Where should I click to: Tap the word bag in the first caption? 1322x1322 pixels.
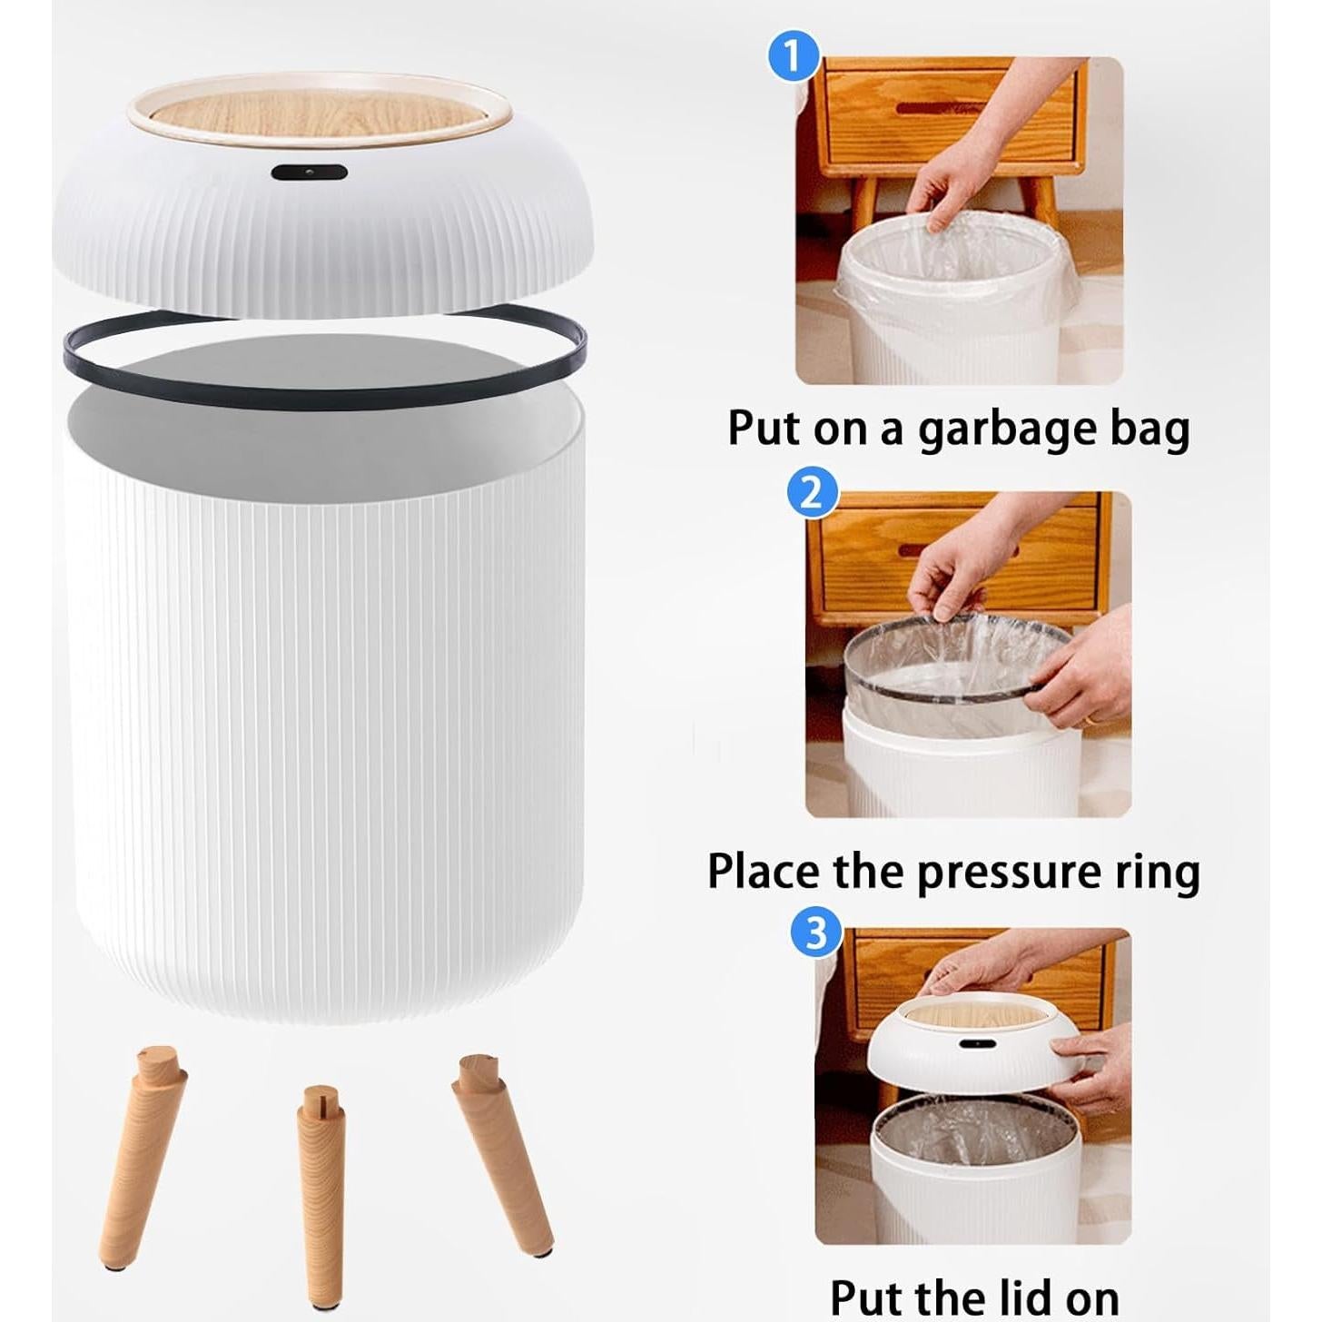(1149, 429)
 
